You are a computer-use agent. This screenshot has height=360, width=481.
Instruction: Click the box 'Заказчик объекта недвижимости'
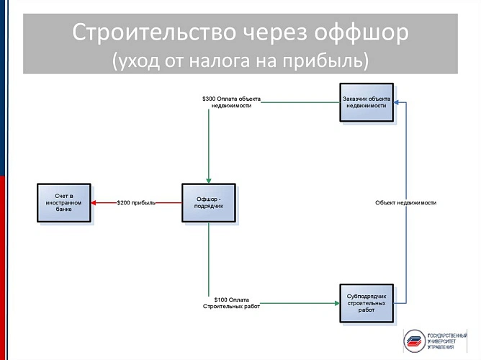tap(366, 102)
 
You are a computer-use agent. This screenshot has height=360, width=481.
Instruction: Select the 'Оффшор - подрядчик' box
tap(208, 202)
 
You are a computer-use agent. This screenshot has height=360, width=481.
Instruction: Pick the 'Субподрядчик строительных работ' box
tap(366, 303)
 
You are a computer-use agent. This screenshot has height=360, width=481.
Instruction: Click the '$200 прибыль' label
tap(136, 203)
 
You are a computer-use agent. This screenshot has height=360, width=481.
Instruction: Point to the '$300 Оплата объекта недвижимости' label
tap(231, 101)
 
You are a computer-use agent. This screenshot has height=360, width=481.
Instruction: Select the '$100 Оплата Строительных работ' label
tap(232, 302)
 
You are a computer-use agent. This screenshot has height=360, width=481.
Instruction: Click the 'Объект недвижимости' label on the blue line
tap(405, 203)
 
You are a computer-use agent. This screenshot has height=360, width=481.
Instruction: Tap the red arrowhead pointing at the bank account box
tap(96, 203)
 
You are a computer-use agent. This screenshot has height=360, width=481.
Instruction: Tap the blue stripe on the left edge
tap(3, 86)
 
